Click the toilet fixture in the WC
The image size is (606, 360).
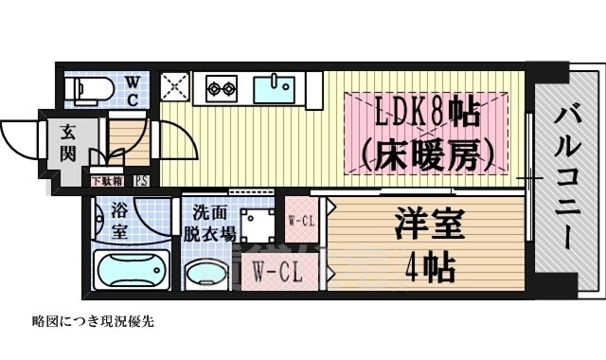tap(90, 90)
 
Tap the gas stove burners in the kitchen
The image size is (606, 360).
tap(222, 88)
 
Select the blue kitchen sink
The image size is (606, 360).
tap(276, 88)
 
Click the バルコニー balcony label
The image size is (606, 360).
tap(563, 181)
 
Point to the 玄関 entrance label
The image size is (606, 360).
tap(70, 143)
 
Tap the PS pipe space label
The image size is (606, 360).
tap(139, 181)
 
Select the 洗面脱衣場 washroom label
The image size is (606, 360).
tap(208, 224)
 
